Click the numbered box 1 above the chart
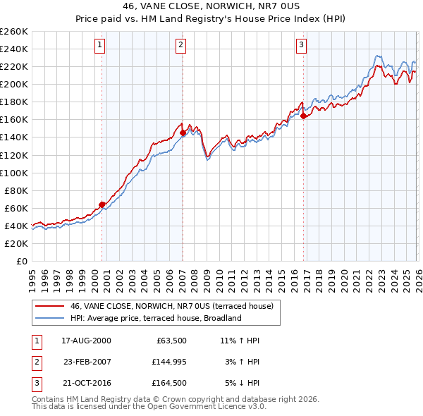pos(100,46)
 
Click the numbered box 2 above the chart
pos(181,46)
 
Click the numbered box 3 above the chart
pos(301,46)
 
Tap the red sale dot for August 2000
pos(102,204)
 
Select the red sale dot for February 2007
pos(183,133)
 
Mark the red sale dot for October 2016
pos(304,116)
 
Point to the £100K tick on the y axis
pos(14,173)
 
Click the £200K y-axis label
pos(14,84)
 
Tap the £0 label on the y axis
pos(21,261)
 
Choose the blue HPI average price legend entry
pos(156,318)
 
